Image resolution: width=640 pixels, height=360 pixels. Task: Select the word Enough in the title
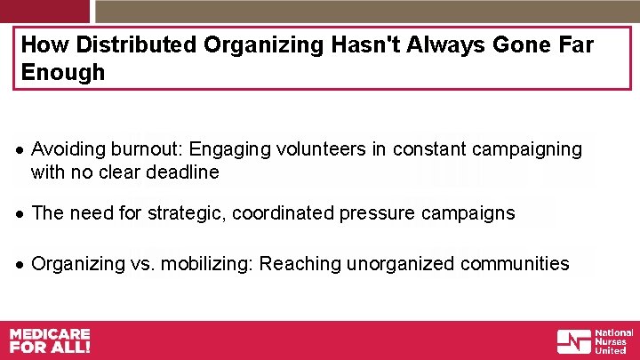[62, 73]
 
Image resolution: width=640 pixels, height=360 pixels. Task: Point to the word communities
[516, 263]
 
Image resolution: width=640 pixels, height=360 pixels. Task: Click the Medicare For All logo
[50, 340]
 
